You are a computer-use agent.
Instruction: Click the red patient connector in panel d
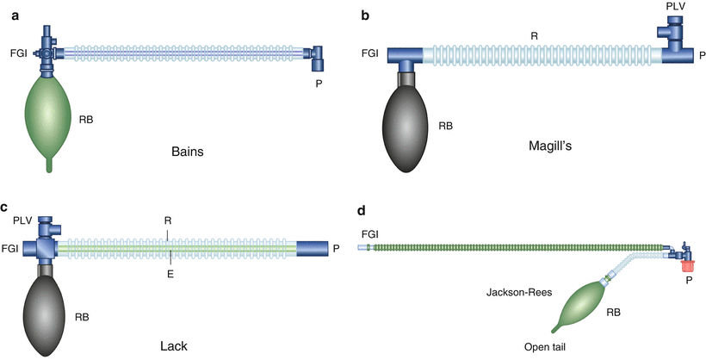coord(687,263)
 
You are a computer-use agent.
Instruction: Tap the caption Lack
coord(186,346)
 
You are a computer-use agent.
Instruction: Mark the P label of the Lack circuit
coord(337,249)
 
